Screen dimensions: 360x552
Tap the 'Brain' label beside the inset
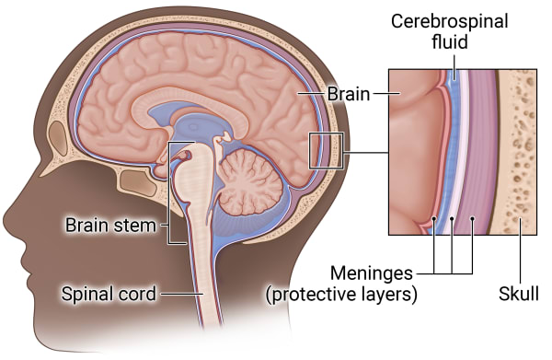(349, 94)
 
